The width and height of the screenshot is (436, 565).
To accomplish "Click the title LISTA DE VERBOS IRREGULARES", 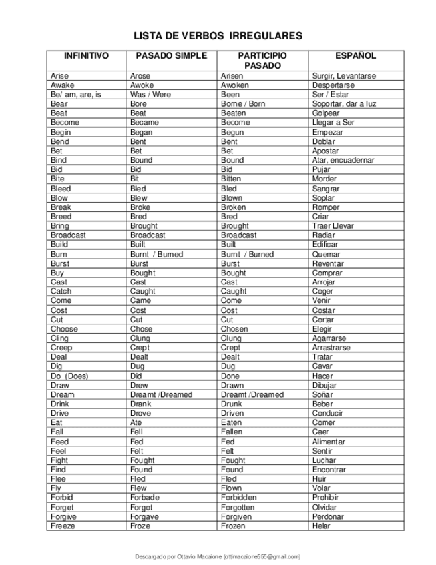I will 218,36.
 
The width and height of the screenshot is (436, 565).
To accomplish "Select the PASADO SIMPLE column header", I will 171,56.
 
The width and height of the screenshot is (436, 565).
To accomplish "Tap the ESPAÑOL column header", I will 355,56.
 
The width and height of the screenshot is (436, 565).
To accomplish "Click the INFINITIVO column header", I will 86,56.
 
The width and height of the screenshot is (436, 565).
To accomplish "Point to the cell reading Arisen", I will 232,76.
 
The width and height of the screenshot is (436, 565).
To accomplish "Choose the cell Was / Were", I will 150,95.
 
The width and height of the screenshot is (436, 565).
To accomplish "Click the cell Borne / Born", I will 243,104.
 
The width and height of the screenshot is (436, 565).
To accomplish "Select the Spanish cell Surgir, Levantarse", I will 343,76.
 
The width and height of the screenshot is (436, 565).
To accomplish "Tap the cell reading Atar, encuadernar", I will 343,160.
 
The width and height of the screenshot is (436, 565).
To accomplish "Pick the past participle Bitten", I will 232,179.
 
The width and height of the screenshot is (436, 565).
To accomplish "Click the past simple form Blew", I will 139,198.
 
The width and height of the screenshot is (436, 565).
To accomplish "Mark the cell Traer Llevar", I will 333,226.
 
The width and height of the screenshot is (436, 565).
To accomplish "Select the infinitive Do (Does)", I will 69,376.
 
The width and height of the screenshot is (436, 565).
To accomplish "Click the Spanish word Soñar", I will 323,394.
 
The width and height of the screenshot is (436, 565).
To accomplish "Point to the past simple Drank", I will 141,404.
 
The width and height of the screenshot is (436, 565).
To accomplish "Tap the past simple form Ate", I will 136,422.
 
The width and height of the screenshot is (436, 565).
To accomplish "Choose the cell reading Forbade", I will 145,498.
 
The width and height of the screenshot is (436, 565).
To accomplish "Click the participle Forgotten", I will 238,507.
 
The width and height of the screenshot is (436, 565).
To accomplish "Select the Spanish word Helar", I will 321,526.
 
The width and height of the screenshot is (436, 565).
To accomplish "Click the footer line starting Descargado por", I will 218,556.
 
